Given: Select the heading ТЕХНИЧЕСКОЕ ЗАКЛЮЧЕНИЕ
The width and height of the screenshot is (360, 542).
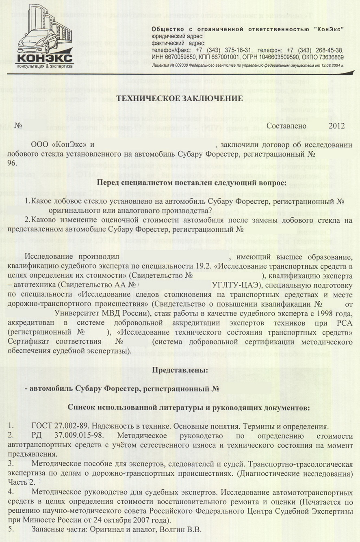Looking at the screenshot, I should (180, 98).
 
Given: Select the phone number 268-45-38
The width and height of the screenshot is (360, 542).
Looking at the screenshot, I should (330, 50).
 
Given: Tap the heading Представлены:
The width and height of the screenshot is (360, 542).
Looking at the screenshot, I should (180, 370).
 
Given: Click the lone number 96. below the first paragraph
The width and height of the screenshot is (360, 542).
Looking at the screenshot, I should (12, 163).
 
